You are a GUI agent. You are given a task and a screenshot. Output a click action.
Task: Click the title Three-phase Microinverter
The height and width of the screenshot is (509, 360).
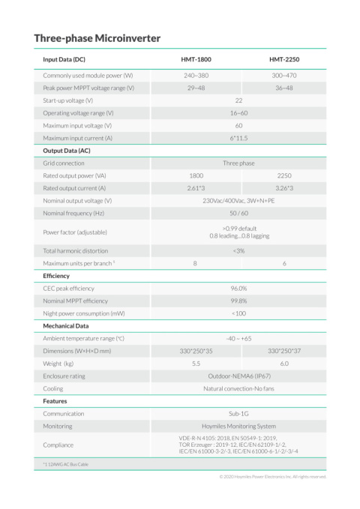pyautogui.click(x=97, y=37)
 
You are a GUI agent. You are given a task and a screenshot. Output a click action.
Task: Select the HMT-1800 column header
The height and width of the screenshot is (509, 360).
pyautogui.click(x=195, y=59)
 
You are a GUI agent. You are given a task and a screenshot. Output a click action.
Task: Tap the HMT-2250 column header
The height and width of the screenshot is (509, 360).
pyautogui.click(x=284, y=59)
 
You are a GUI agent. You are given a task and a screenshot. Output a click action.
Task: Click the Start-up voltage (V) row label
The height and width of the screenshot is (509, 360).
pyautogui.click(x=68, y=100)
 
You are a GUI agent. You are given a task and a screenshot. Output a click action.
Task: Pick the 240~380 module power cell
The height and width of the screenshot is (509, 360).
pyautogui.click(x=195, y=76)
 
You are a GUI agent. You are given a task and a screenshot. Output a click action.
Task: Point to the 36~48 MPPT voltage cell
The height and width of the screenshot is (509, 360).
pyautogui.click(x=284, y=88)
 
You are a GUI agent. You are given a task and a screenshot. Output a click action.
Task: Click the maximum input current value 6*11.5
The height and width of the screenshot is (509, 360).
pyautogui.click(x=239, y=138)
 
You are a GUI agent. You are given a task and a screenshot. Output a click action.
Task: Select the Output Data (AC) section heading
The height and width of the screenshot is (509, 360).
pyautogui.click(x=67, y=151)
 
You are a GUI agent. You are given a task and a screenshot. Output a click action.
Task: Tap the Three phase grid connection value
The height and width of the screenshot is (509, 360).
pyautogui.click(x=239, y=163)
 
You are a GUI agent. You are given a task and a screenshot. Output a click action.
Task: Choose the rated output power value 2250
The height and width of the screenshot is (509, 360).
pyautogui.click(x=284, y=175)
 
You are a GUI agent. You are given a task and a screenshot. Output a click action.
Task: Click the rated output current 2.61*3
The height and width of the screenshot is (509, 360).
pyautogui.click(x=195, y=188)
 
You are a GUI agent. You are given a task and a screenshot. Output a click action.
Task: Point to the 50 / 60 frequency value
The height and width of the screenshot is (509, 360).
pyautogui.click(x=239, y=214)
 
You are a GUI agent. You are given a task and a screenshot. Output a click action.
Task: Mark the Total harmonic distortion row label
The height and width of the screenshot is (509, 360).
pyautogui.click(x=75, y=250)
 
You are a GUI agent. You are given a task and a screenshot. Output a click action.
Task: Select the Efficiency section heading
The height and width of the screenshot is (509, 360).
pyautogui.click(x=56, y=276)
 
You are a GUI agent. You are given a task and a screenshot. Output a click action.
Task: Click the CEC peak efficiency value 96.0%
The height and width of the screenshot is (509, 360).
pyautogui.click(x=239, y=288)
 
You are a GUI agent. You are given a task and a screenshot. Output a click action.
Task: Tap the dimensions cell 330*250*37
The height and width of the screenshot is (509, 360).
pyautogui.click(x=284, y=351)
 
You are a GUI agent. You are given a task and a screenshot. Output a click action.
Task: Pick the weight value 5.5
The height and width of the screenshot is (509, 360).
pyautogui.click(x=195, y=364)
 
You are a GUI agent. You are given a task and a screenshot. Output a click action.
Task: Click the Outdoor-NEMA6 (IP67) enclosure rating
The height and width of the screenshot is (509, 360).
pyautogui.click(x=239, y=376)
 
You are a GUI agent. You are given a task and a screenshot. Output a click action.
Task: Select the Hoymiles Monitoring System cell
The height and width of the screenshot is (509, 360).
pyautogui.click(x=239, y=426)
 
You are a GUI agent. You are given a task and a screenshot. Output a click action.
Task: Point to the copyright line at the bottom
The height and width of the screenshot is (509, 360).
pyautogui.click(x=272, y=476)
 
